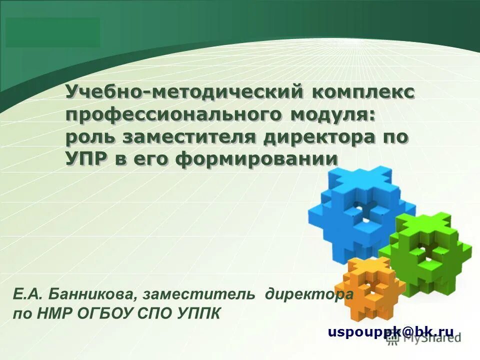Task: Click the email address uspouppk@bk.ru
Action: pos(390,331)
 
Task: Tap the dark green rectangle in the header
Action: pos(53,32)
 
